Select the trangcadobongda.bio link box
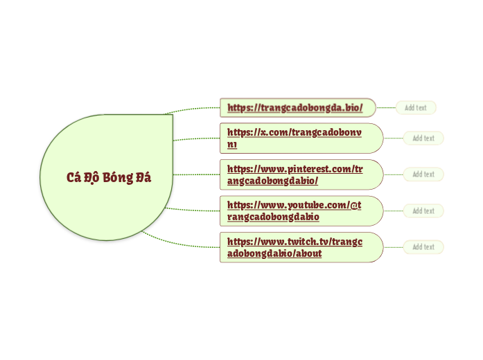tap(297, 107)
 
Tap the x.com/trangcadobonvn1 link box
tap(301, 138)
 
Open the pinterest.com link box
tap(301, 174)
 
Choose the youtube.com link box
tap(301, 210)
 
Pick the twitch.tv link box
tap(301, 247)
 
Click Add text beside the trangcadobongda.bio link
tap(416, 107)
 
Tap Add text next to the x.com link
tap(423, 138)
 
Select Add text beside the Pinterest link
tap(423, 174)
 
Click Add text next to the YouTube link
tap(423, 210)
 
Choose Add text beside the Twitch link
tap(423, 247)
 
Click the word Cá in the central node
tap(73, 177)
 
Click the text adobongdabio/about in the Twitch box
tap(274, 254)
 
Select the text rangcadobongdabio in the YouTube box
tap(273, 217)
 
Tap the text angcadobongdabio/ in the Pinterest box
tap(272, 181)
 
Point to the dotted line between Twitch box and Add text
tap(393, 247)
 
